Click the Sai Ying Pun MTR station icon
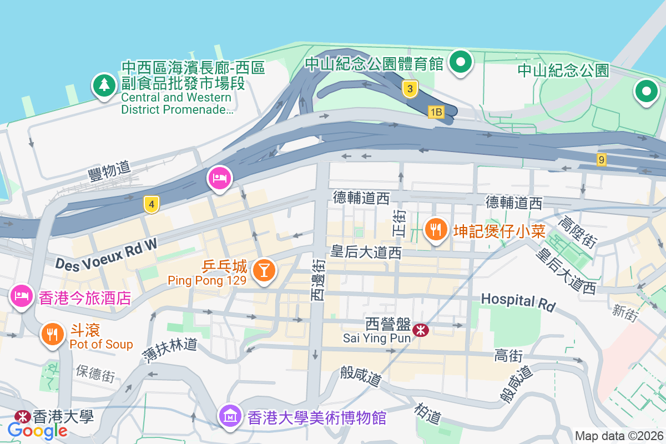click(421, 330)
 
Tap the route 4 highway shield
click(151, 204)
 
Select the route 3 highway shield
click(410, 89)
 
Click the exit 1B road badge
click(436, 112)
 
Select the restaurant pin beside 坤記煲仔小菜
click(437, 228)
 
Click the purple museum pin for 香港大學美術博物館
click(230, 415)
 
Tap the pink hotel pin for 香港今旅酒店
click(21, 295)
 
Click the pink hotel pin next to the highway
click(219, 178)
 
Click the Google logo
click(37, 430)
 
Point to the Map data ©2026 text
click(618, 436)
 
